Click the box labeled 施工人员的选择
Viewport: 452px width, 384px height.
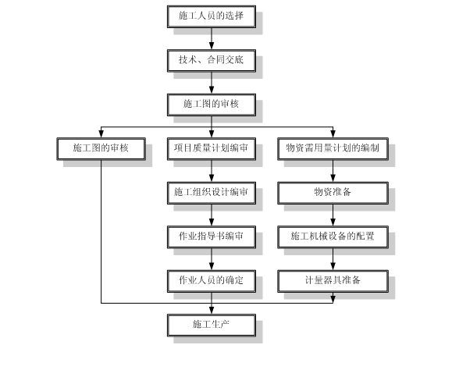click(212, 16)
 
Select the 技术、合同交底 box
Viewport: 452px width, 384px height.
click(212, 61)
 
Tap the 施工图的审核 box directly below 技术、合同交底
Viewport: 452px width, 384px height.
click(212, 105)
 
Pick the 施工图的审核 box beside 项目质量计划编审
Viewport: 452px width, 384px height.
click(101, 149)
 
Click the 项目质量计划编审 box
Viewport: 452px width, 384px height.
click(212, 149)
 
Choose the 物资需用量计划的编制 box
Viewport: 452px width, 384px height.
click(333, 149)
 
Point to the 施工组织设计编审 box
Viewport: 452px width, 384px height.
click(212, 193)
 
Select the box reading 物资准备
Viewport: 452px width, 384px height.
click(333, 193)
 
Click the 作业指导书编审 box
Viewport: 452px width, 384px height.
click(212, 237)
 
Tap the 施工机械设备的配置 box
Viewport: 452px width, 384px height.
click(333, 237)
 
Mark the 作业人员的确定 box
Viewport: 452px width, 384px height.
click(212, 282)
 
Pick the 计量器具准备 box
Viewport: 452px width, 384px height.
click(333, 282)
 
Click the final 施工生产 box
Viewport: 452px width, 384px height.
click(212, 325)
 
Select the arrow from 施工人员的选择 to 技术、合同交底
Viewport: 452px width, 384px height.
click(212, 38)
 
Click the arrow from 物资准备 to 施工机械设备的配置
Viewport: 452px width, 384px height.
click(333, 215)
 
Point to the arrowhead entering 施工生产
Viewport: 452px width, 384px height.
click(212, 311)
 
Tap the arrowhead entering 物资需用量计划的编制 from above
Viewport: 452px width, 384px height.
click(333, 134)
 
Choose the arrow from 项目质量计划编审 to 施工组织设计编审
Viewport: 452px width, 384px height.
click(212, 171)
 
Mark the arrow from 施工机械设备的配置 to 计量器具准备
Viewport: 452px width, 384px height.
click(333, 259)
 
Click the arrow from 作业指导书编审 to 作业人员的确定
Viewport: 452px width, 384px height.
click(212, 259)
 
